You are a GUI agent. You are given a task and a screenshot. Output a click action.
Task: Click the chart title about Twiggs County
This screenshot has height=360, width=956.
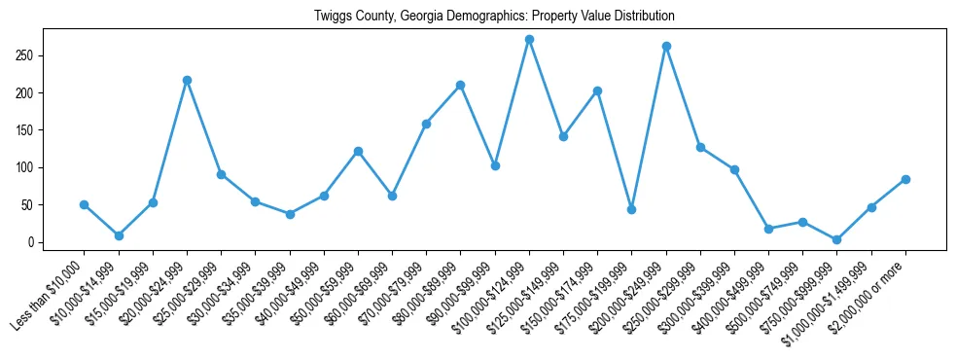tap(494, 17)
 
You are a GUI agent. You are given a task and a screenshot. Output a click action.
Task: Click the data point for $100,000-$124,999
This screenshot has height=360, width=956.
tap(529, 40)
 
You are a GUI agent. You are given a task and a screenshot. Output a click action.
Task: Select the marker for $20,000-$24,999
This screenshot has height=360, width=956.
tap(187, 80)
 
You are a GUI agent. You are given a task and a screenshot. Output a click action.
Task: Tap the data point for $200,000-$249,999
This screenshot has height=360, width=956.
tap(666, 46)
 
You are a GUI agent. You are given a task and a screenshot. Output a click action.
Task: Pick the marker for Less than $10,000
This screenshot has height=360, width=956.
tap(84, 204)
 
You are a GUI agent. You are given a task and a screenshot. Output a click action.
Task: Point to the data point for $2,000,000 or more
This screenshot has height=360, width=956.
tap(905, 179)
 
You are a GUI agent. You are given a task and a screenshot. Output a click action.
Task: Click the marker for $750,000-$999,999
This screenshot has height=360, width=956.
tap(837, 239)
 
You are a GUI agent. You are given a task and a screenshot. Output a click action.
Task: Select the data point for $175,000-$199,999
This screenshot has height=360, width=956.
tap(632, 209)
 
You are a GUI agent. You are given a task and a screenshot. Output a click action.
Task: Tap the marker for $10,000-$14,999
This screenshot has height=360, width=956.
tap(119, 235)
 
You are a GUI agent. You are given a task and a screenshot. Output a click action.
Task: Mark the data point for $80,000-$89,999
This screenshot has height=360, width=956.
tap(461, 86)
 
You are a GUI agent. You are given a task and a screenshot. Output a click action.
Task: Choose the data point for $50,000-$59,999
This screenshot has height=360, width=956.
tap(358, 151)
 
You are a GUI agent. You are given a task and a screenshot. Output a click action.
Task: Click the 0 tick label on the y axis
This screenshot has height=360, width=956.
tap(32, 242)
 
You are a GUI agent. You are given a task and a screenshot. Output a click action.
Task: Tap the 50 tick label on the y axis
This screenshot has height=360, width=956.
tap(29, 205)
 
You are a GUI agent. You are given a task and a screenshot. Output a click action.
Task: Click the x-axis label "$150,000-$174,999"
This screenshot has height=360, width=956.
tap(558, 298)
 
